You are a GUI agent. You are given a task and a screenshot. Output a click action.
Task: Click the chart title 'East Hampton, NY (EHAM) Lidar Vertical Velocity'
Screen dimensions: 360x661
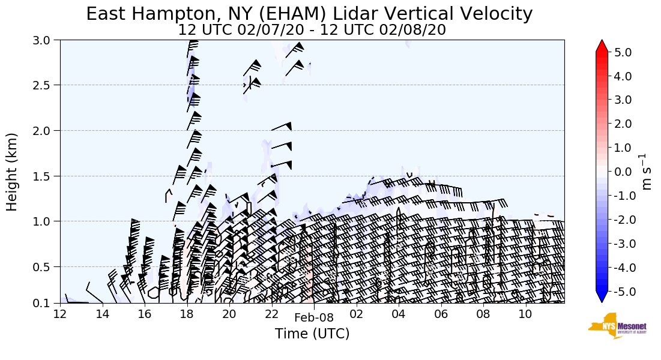tap(309, 14)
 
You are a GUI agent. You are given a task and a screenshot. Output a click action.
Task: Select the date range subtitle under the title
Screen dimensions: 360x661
tap(312, 30)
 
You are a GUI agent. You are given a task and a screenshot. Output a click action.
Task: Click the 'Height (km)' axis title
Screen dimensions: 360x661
tap(12, 172)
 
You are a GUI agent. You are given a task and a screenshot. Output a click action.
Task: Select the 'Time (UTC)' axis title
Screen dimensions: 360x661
tap(312, 334)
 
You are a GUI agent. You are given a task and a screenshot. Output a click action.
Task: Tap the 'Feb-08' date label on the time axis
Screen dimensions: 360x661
tap(313, 318)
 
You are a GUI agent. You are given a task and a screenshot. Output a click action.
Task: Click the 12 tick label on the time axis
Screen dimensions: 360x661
tap(60, 314)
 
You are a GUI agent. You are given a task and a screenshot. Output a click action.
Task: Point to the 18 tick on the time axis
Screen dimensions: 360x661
tap(187, 314)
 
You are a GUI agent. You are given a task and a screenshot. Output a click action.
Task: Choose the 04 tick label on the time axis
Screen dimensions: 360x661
tap(398, 314)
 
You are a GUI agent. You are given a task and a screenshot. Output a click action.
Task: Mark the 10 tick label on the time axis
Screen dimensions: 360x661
tap(525, 314)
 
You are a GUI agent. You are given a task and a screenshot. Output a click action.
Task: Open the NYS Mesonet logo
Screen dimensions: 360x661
tap(613, 326)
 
